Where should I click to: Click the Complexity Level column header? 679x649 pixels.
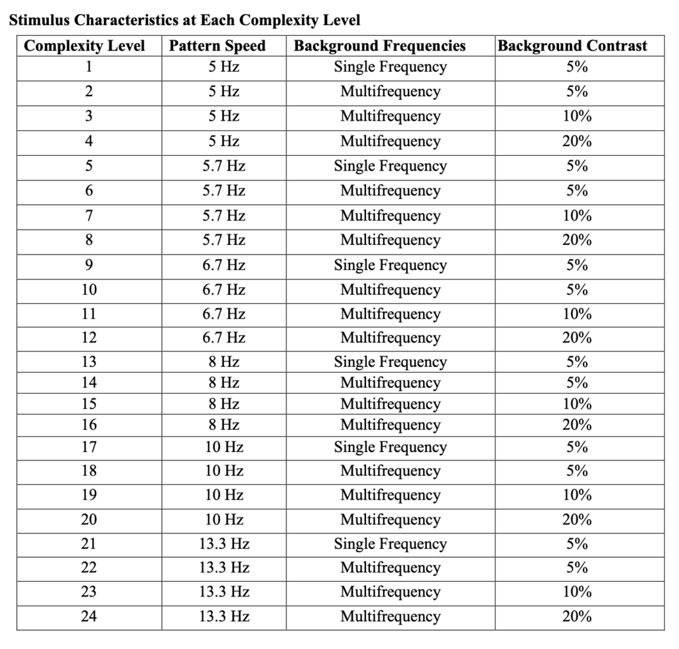click(84, 46)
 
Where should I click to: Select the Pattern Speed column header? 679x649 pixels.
click(217, 46)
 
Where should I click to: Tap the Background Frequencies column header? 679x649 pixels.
click(380, 46)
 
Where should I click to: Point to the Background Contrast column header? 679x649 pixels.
click(572, 46)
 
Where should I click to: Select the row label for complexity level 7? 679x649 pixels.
click(89, 216)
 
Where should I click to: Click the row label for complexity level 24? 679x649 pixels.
click(89, 616)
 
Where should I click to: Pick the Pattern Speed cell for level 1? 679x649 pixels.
click(224, 67)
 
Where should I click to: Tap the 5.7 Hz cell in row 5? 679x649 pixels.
click(224, 166)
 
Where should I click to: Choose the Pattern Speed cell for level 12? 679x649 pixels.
click(224, 338)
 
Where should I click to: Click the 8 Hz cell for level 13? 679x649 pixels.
click(224, 362)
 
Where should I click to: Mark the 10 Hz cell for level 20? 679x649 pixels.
click(224, 520)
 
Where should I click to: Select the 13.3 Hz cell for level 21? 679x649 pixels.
click(224, 544)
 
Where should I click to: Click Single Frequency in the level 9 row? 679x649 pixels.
click(390, 265)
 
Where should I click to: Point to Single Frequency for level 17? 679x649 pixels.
click(390, 447)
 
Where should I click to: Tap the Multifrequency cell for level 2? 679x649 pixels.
click(390, 92)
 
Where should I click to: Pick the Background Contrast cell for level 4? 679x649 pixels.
click(577, 141)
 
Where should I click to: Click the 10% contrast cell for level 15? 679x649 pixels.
click(577, 404)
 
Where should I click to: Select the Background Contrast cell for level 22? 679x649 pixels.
click(577, 568)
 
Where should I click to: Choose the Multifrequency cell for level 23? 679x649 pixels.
click(390, 592)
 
